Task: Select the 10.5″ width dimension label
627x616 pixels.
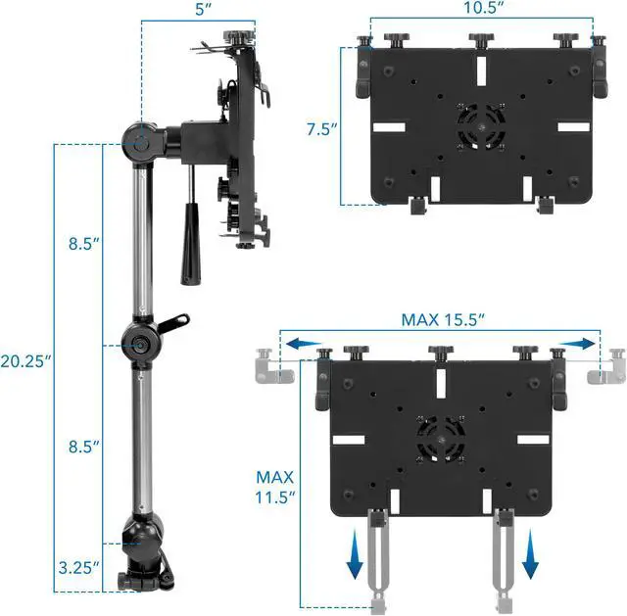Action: click(483, 7)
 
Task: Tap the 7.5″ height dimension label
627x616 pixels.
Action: click(322, 129)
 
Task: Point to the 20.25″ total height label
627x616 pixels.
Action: click(26, 361)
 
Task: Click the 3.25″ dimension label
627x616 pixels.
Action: click(78, 567)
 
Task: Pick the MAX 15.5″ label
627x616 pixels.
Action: click(443, 320)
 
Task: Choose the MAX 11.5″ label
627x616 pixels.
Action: click(274, 488)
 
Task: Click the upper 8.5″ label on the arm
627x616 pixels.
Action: click(83, 244)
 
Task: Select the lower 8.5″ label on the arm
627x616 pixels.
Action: click(83, 447)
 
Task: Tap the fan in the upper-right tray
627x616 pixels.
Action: click(481, 127)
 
